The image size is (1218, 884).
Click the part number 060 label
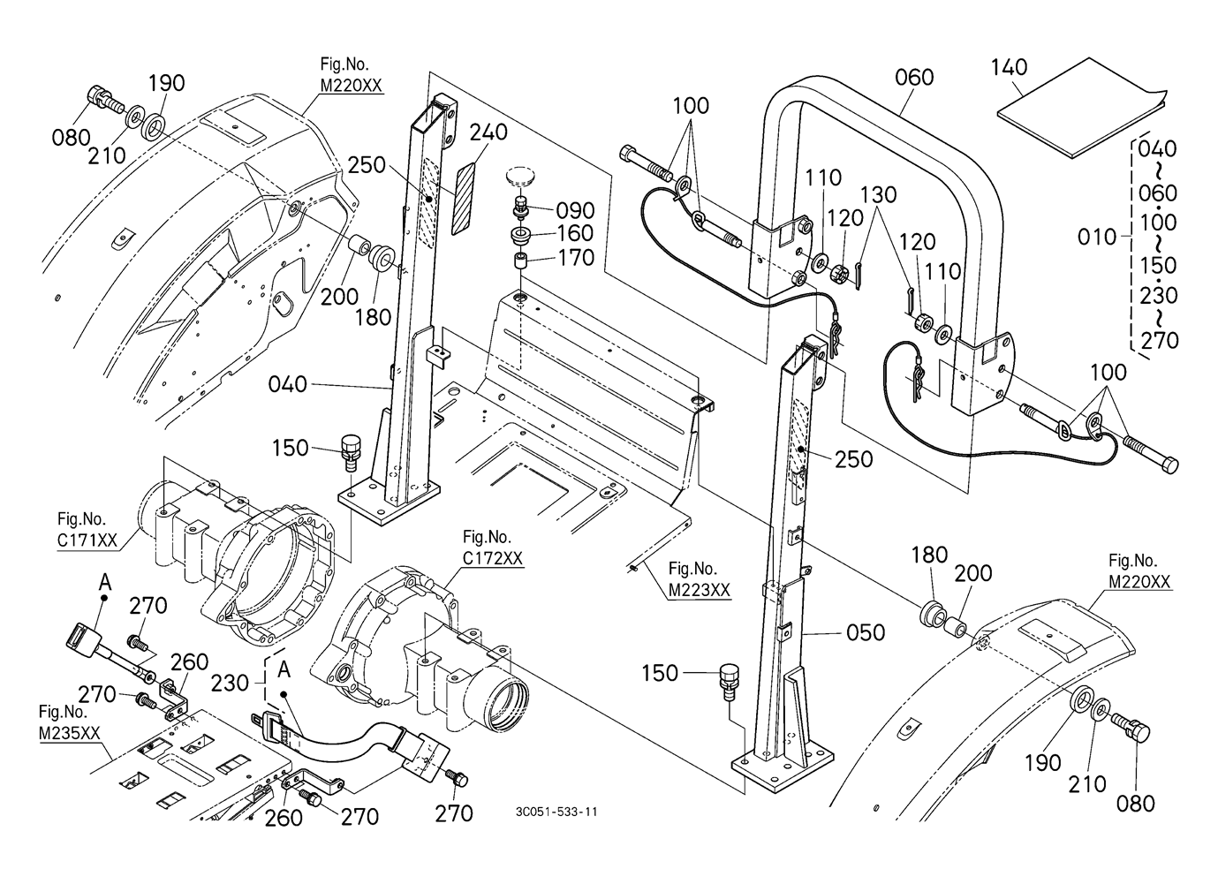pos(913,78)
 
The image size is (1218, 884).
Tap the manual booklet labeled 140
pos(1078,118)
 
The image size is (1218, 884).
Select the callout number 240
pos(488,132)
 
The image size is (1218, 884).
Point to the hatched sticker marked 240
pos(465,197)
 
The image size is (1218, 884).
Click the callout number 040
pos(288,384)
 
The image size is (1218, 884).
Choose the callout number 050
pos(866,632)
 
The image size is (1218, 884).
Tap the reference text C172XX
pos(493,558)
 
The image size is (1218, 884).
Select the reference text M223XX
pos(700,590)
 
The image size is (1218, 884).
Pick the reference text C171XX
pos(87,541)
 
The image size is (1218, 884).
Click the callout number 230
pos(230,683)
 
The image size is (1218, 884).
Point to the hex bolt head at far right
pos(1167,464)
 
